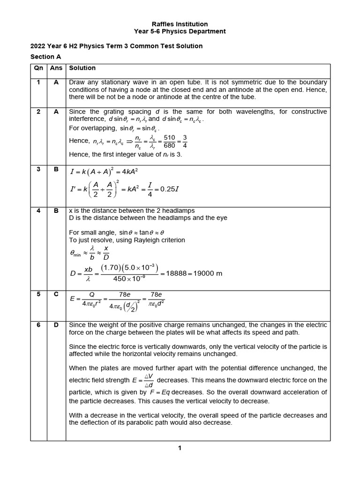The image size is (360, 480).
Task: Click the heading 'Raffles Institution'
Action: (x=180, y=24)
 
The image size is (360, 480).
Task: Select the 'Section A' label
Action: (x=46, y=57)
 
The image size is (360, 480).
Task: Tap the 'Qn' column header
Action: (x=39, y=68)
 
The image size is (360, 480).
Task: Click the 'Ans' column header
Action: (x=56, y=68)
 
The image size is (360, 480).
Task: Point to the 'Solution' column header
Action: (x=82, y=68)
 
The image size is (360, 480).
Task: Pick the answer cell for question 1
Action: (x=56, y=82)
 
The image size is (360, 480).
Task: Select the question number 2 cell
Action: (x=39, y=112)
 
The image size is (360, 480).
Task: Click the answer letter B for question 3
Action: (x=56, y=169)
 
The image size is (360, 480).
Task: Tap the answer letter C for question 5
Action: (x=56, y=294)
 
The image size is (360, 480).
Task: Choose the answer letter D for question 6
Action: (x=56, y=325)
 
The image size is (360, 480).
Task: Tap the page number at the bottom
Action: (x=180, y=448)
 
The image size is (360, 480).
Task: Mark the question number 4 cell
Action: (x=39, y=210)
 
